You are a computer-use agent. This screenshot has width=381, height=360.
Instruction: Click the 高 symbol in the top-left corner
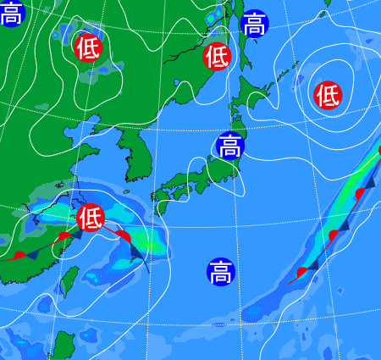tap(11, 13)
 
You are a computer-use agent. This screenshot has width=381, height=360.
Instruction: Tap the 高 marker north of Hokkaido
tap(254, 24)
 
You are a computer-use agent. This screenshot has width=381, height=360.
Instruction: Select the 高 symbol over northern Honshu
tap(229, 146)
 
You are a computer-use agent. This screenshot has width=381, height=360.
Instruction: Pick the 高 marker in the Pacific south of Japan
tap(220, 273)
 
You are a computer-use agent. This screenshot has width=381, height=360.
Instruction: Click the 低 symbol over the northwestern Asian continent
tap(87, 47)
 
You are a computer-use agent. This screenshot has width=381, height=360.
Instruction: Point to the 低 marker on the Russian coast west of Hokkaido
tap(217, 57)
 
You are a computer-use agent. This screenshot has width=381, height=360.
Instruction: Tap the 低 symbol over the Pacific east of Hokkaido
tap(328, 95)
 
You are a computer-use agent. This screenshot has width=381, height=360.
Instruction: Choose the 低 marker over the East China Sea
tap(89, 218)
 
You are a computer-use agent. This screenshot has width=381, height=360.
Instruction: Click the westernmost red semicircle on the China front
tap(19, 254)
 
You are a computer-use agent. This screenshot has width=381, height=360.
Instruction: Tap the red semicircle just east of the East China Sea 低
tap(123, 235)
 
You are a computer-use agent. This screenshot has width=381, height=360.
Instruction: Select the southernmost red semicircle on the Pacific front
tap(302, 271)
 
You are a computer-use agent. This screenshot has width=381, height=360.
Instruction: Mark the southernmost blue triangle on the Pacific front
tap(312, 263)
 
